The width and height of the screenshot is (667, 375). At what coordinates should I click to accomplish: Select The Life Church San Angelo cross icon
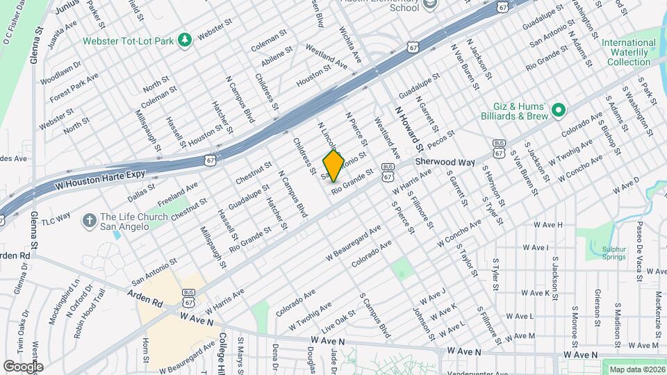88,221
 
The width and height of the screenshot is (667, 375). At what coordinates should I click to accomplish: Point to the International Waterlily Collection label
628,52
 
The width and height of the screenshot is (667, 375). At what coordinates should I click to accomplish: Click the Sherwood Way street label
445,162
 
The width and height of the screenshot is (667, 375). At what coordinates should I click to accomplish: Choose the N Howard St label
409,128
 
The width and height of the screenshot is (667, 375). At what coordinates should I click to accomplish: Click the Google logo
23,366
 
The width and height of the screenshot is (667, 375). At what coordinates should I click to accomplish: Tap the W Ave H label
548,225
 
